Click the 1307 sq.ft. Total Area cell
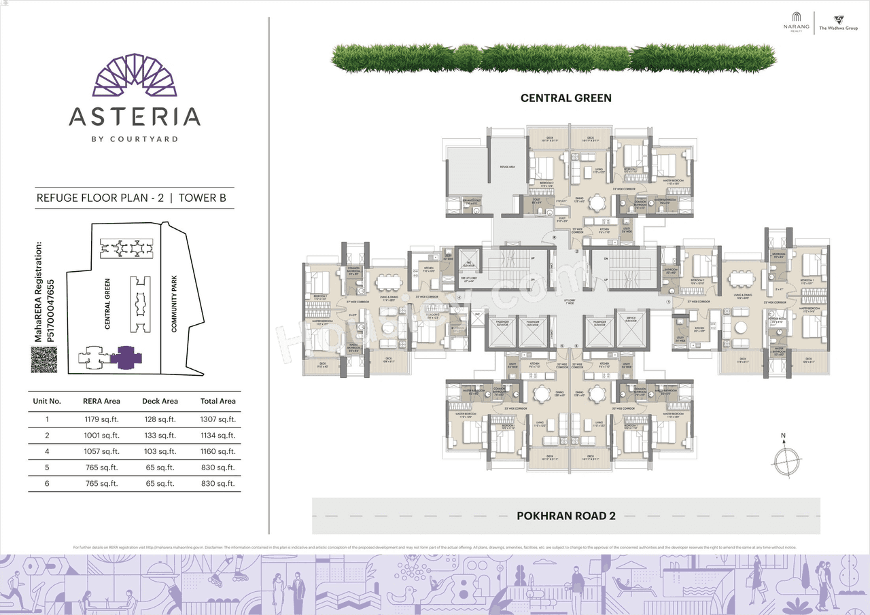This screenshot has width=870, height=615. tap(217, 419)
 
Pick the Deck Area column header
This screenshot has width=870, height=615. tap(160, 401)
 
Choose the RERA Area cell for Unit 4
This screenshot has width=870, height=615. tap(101, 451)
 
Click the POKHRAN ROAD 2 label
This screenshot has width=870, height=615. tap(565, 516)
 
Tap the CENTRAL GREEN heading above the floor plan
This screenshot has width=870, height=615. tap(565, 98)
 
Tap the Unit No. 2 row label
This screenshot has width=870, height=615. tap(47, 436)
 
